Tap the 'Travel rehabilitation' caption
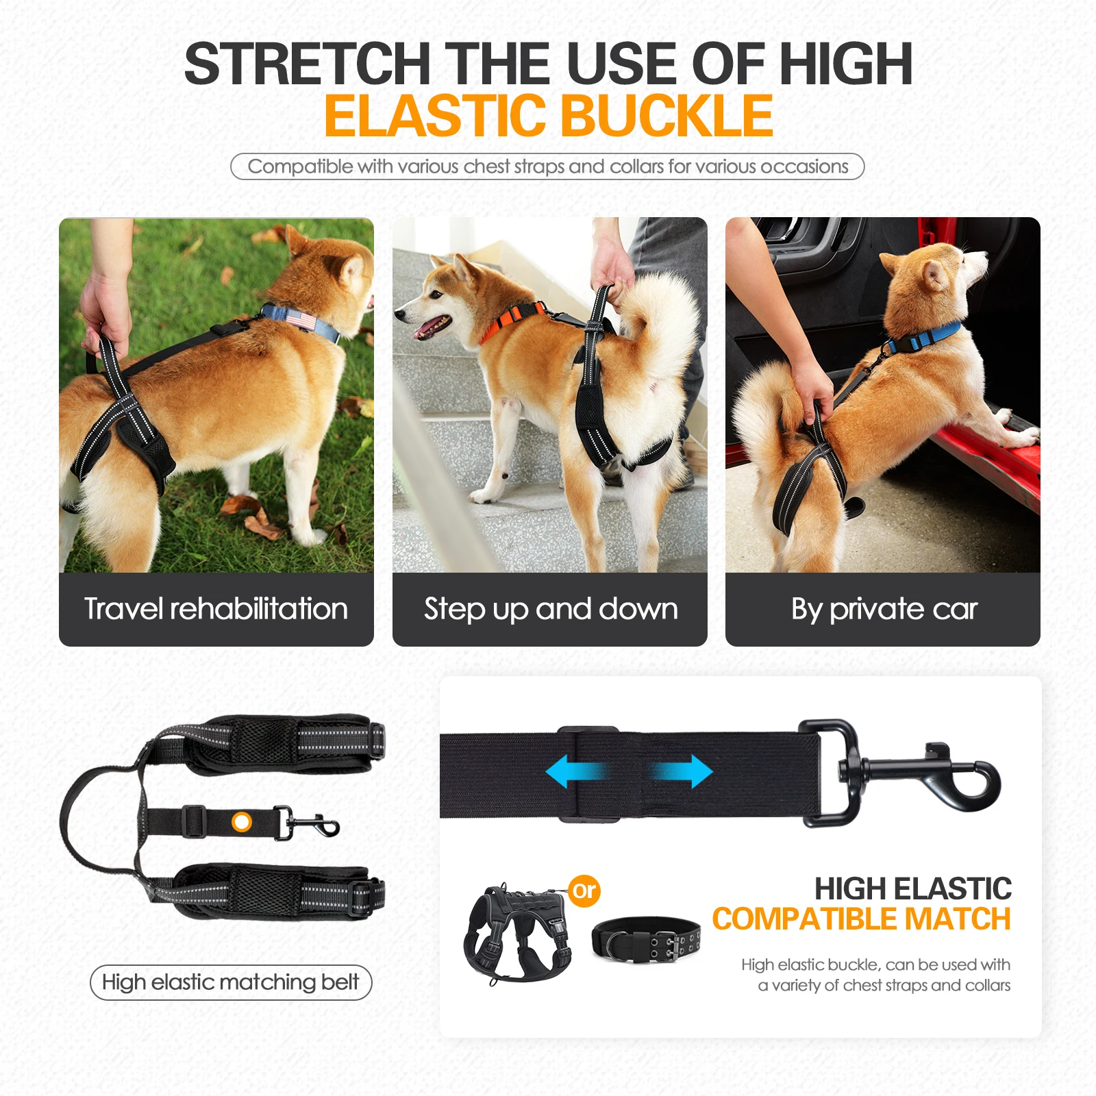coord(216,609)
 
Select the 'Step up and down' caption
coord(550,609)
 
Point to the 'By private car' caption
coord(883,609)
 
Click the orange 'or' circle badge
coord(584,891)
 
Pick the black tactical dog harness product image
coord(516,932)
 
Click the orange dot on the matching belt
coord(242,821)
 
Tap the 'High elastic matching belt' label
coord(230,982)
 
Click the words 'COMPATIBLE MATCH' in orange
coord(861,919)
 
